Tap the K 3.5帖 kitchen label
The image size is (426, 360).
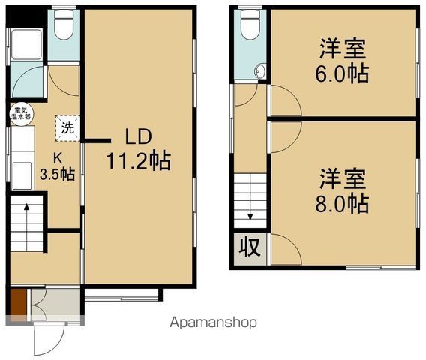(57, 166)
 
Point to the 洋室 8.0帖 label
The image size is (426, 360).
(343, 190)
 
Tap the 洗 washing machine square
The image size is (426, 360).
(67, 127)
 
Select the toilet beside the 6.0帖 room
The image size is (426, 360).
(250, 27)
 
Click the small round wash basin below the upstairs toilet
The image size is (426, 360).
(260, 72)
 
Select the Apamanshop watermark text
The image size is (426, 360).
(214, 322)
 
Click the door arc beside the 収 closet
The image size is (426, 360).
(284, 248)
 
